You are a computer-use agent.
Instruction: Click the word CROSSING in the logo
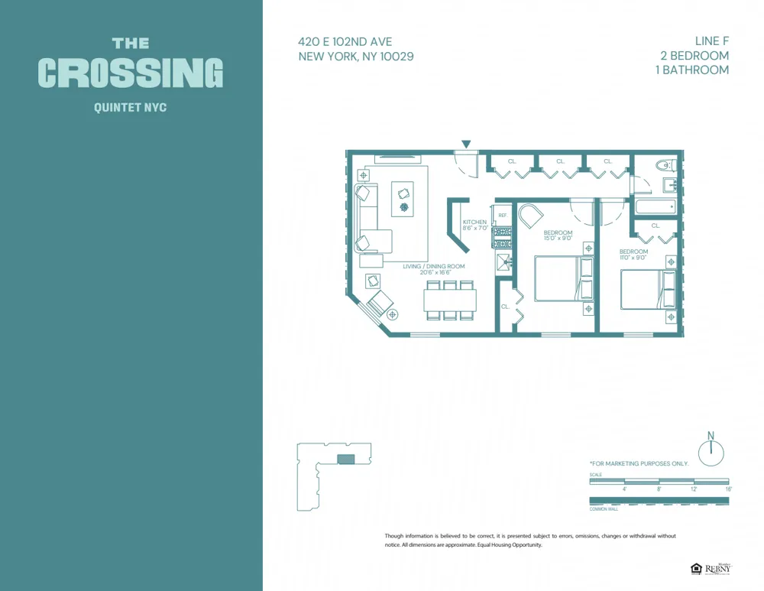[131, 73]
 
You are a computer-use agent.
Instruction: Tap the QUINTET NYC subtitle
[130, 108]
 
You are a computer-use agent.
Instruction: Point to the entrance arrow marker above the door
[466, 144]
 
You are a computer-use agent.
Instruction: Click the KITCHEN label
[474, 222]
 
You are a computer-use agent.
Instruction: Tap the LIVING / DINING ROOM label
[433, 267]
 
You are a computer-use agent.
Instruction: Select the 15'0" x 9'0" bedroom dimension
[558, 238]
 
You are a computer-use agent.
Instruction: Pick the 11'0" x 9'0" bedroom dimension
[633, 258]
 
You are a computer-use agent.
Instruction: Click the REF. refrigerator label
[503, 216]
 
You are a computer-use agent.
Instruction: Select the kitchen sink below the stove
[503, 262]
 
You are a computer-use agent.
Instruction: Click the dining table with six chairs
[450, 299]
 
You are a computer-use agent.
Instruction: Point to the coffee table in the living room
[403, 199]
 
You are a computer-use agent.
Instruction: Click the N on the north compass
[711, 436]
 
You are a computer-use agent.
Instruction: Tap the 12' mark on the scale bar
[694, 489]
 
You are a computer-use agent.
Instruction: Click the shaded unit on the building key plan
[346, 459]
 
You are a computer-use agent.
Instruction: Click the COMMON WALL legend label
[603, 508]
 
